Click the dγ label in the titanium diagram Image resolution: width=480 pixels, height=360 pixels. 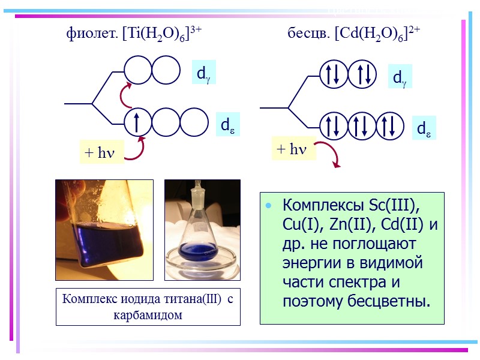[x=203, y=73]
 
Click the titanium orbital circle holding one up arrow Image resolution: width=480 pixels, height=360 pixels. [x=137, y=122]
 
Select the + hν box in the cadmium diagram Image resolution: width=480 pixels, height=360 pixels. [x=293, y=149]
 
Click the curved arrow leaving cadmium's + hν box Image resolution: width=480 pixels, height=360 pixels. [x=331, y=154]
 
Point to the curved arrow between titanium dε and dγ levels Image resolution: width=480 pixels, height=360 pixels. [x=127, y=94]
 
